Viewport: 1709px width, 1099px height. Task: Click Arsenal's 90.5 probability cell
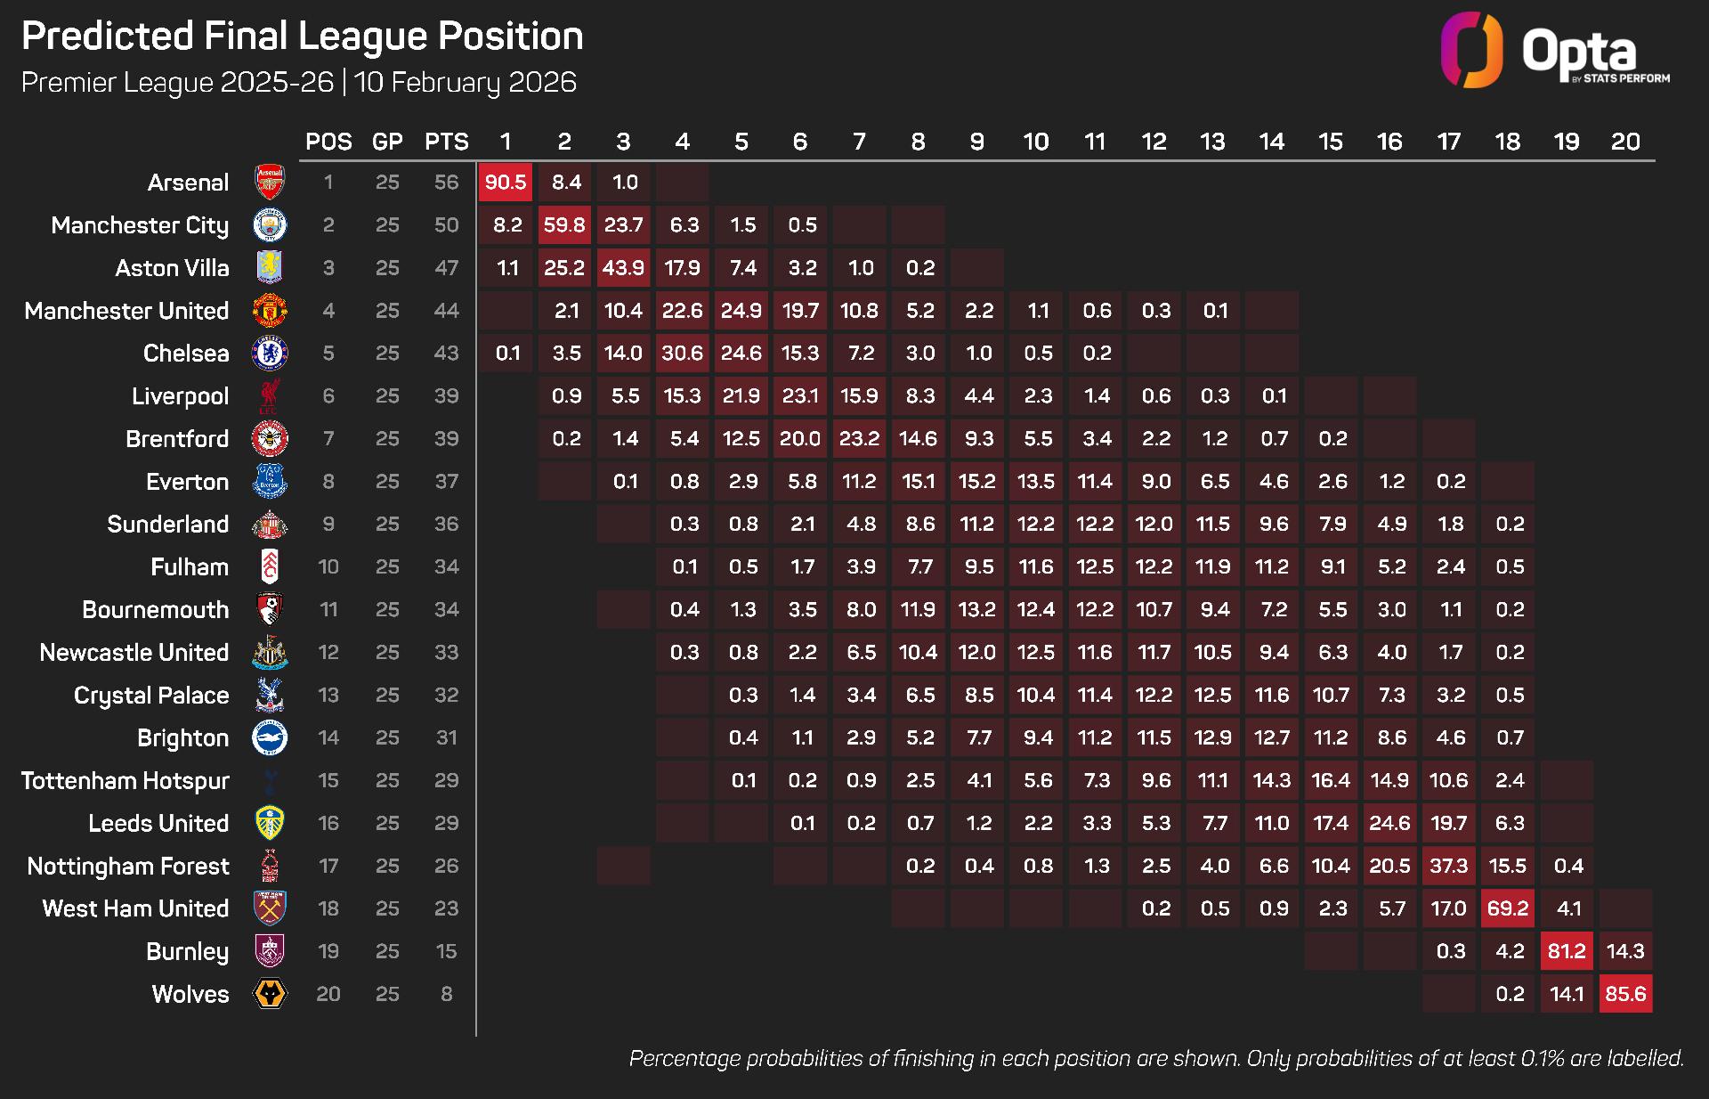coord(506,183)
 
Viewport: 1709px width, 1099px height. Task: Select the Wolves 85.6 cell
coord(1625,994)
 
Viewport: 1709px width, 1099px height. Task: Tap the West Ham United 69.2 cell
coord(1508,908)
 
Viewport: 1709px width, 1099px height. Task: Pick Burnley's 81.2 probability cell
coord(1567,951)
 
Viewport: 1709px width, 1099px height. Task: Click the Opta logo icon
coord(1471,50)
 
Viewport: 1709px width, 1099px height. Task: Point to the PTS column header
coord(446,142)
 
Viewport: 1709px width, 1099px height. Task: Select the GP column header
coord(387,142)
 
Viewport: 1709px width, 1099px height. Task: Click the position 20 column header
coord(1625,142)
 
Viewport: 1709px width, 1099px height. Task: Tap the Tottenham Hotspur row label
coord(126,781)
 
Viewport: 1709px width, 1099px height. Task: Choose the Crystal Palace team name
coord(151,696)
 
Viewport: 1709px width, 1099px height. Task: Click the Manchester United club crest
coord(270,311)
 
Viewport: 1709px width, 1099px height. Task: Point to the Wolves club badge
coord(270,994)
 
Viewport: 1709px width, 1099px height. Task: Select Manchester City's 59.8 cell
coord(564,225)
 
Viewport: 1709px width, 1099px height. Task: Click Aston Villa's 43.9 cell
coord(623,268)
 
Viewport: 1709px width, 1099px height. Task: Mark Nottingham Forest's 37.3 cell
coord(1449,866)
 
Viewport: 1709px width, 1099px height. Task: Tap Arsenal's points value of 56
coord(446,183)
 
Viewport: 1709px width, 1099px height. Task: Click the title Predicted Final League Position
coord(303,37)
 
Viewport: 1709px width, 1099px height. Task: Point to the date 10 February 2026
coord(466,83)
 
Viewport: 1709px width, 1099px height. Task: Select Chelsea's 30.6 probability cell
coord(683,354)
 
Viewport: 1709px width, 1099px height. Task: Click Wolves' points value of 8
coord(446,994)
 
